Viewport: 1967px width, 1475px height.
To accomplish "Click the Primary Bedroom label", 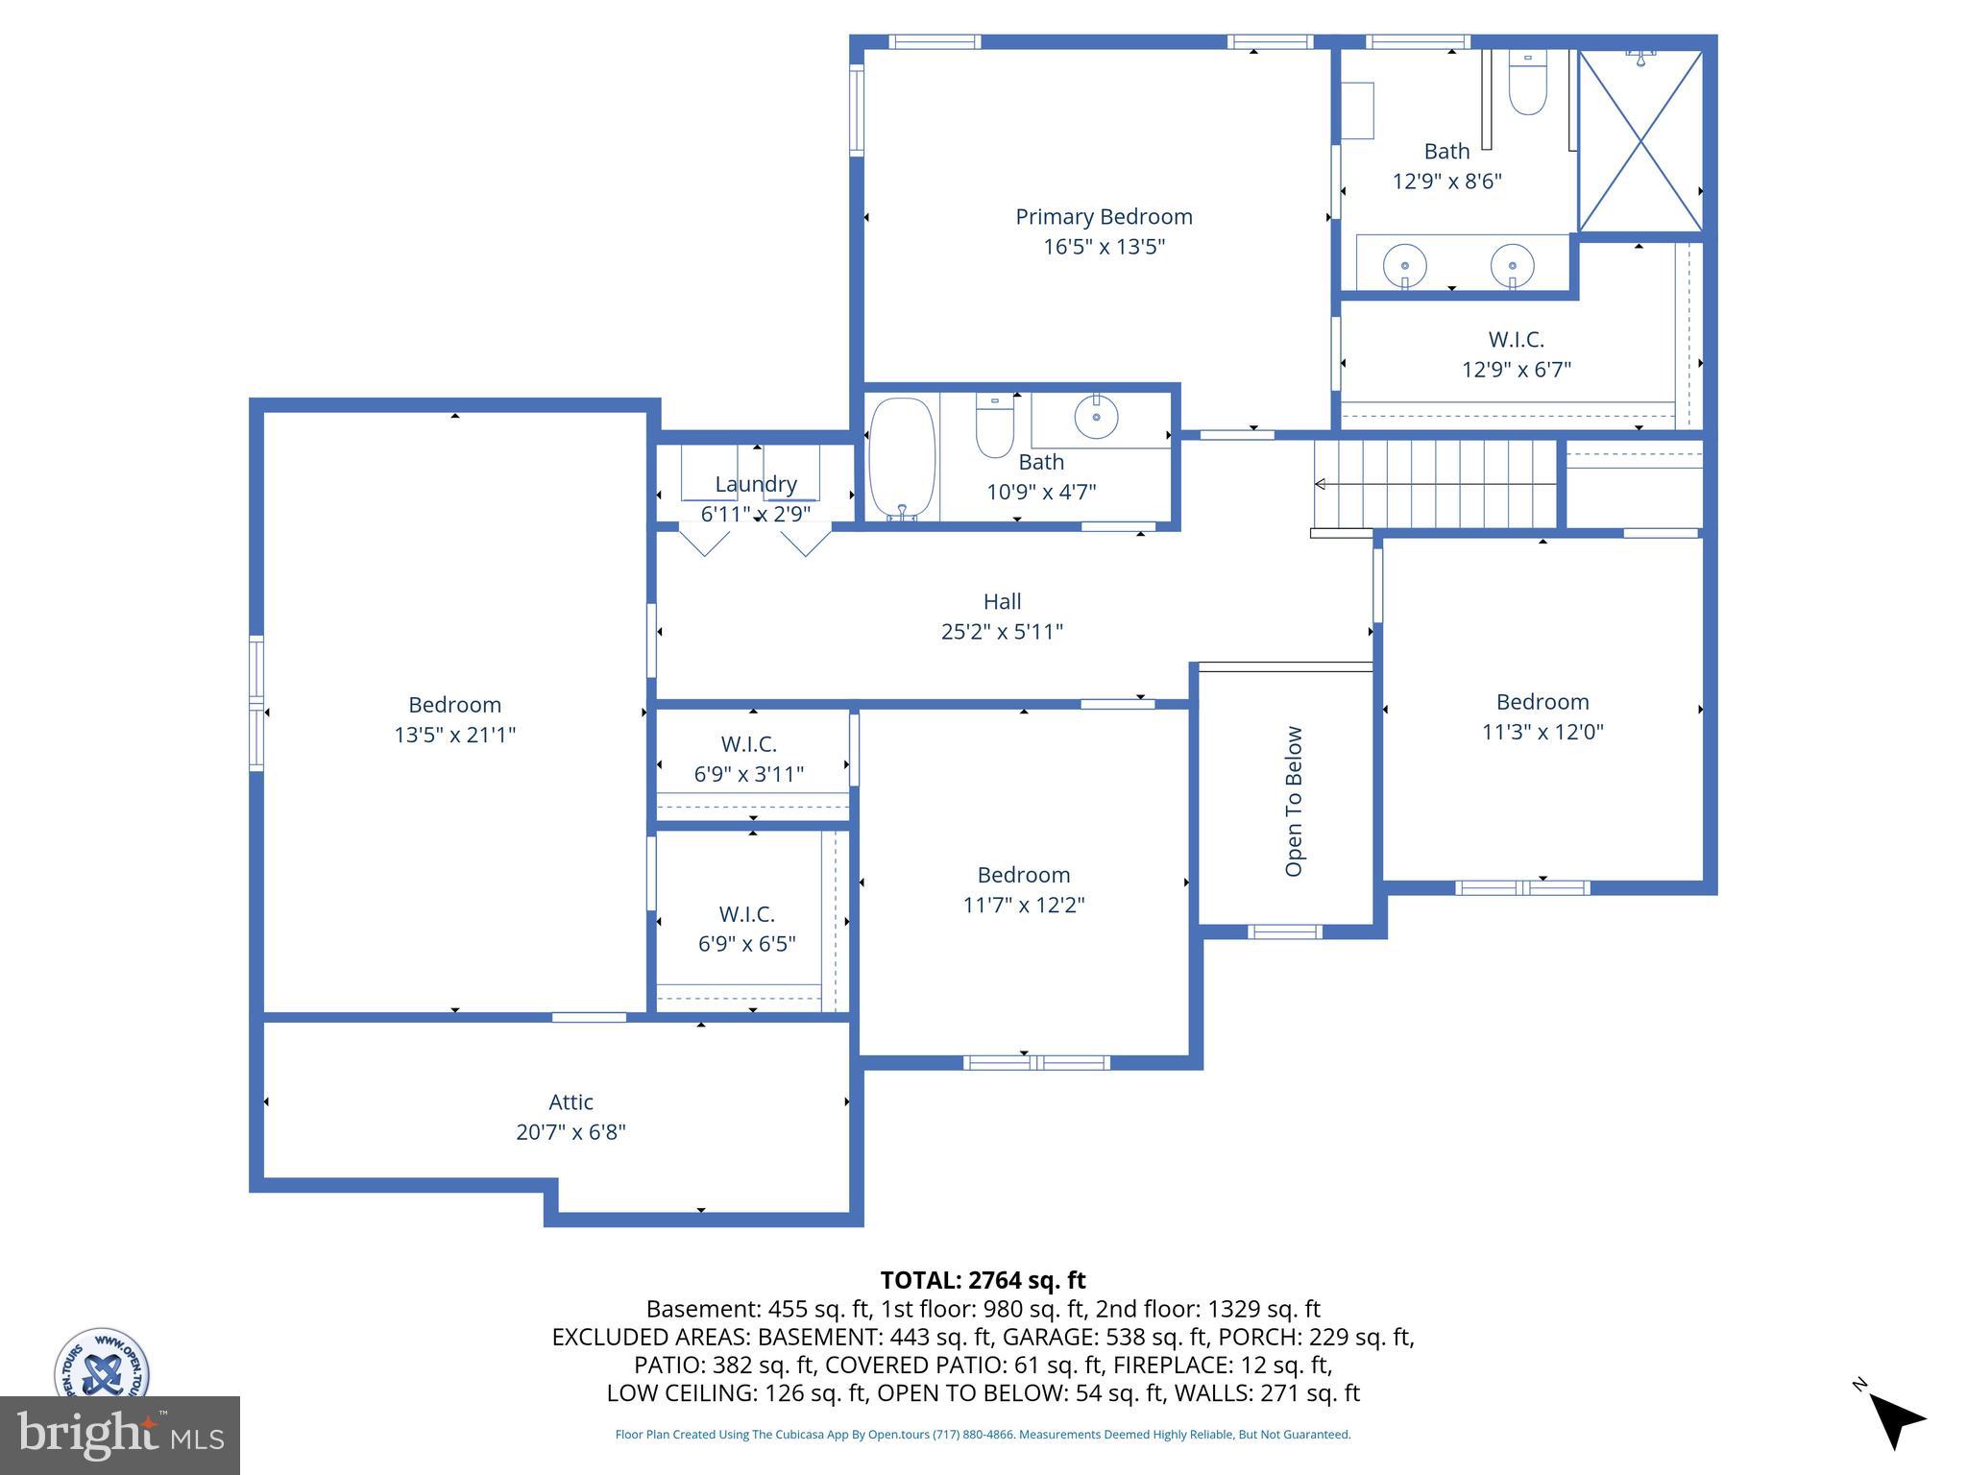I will point(1104,217).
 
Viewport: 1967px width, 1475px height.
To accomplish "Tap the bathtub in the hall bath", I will point(901,459).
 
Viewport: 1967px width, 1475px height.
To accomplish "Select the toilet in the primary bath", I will point(1527,85).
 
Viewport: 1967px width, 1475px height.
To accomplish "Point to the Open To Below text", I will point(1294,801).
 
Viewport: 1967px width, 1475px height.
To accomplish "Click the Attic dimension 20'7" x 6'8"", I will point(571,1132).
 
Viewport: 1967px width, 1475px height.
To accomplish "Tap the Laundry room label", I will point(756,484).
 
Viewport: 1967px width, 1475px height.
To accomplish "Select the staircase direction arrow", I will point(1322,484).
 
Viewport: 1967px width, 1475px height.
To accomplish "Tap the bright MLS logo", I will point(120,1435).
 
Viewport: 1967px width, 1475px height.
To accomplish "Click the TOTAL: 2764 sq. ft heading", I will point(983,1280).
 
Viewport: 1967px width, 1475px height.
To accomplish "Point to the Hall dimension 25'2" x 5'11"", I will point(1002,632).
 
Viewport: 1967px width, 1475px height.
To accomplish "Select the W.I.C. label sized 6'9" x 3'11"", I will point(748,744).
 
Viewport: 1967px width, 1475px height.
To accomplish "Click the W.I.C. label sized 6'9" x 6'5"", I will point(746,914).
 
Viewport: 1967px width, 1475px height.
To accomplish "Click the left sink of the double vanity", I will point(1404,263).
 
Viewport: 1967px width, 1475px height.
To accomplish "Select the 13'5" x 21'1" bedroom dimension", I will point(454,735).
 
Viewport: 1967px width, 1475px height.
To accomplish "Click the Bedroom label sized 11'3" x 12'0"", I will point(1542,702).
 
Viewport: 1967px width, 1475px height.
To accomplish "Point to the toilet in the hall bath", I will point(995,427).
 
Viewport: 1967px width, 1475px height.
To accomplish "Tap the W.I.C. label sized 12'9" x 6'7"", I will point(1516,340).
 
